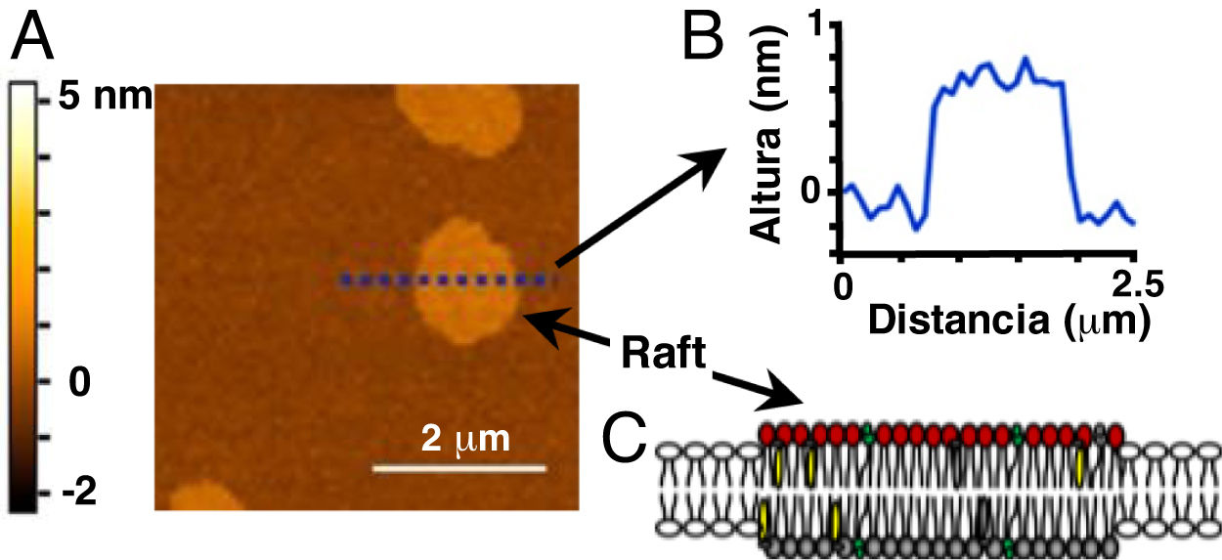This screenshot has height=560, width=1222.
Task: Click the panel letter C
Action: coord(623,442)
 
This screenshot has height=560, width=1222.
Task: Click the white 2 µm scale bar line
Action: coord(458,469)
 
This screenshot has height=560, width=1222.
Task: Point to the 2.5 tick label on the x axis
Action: coord(1134,284)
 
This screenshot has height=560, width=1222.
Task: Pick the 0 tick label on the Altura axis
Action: coord(815,192)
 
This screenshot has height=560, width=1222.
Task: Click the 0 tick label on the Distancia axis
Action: coord(841,284)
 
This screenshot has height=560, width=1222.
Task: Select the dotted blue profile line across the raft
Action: coord(440,280)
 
